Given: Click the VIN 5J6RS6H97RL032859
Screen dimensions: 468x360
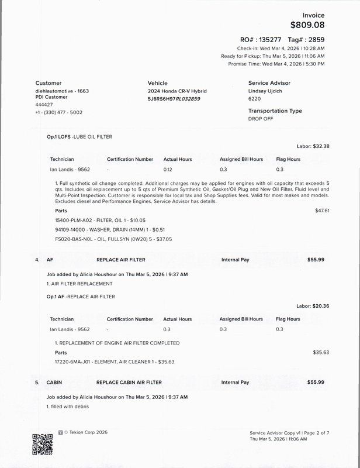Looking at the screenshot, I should tap(174, 99).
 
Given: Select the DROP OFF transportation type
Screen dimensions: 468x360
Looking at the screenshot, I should tap(261, 118).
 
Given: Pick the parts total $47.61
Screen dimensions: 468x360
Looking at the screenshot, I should tap(322, 210).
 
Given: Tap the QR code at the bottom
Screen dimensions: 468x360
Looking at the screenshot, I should tap(42, 444).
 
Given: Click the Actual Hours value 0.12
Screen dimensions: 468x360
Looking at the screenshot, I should tap(168, 169).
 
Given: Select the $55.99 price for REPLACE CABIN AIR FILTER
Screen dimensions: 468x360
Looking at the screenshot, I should tap(316, 382).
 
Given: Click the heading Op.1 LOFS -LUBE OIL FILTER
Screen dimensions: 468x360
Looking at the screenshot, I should tap(79, 136).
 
